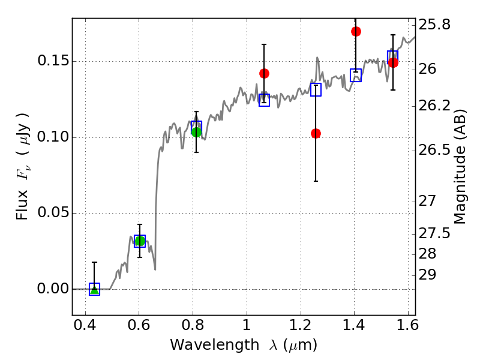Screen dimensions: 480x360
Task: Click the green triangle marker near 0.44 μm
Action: pos(95,290)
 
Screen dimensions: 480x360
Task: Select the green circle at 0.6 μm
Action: pos(140,241)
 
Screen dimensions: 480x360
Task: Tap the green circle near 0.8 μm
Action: pos(197,132)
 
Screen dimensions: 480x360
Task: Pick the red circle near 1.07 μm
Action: pos(264,73)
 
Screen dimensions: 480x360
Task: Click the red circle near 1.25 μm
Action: pos(316,133)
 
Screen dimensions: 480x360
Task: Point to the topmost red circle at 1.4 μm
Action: pos(356,32)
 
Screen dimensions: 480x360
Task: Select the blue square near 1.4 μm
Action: pos(356,76)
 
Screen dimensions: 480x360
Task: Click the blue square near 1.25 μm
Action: pos(316,89)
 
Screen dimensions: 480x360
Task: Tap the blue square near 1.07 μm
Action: pos(264,100)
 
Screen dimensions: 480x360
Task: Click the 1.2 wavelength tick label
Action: pos(301,325)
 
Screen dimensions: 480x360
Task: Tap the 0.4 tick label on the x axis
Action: pos(85,325)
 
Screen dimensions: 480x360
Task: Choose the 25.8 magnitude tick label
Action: pos(434,25)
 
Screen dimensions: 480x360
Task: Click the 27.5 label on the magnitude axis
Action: pos(434,233)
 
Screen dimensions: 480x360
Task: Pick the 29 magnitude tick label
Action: pos(427,275)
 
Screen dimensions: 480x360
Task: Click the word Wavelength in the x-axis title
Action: pos(215,345)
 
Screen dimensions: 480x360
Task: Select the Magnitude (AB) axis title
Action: pos(459,167)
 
